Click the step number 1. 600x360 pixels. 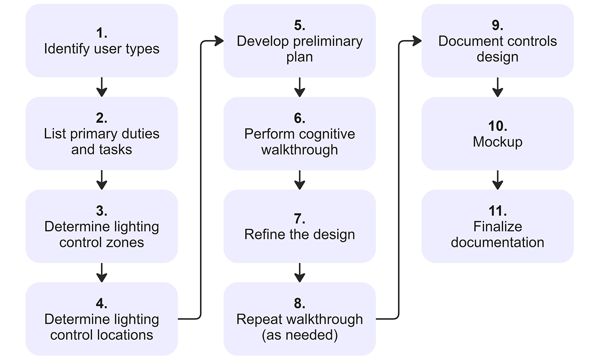coord(102,33)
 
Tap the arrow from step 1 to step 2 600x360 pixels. coord(102,87)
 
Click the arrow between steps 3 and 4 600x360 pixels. coord(102,273)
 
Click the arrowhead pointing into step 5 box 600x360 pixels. coord(219,41)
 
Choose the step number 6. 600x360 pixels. coord(300,118)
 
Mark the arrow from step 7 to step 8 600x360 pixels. coord(300,273)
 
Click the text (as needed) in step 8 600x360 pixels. coord(300,335)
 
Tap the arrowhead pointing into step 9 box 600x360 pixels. coord(417,41)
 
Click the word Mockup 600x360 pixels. coord(498,142)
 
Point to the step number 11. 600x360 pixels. coord(498,211)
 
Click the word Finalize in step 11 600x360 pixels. coord(498,227)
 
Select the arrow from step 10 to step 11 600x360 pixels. coord(498,180)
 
